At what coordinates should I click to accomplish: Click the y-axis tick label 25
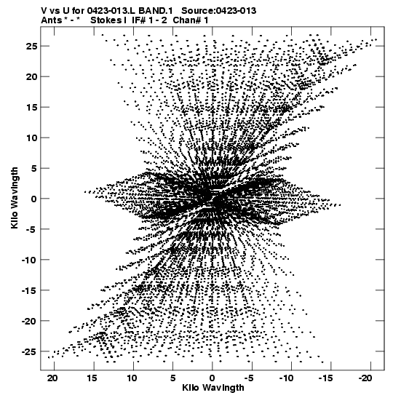tap(31, 46)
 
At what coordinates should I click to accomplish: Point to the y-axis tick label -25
tap(29, 351)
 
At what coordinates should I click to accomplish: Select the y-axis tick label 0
tap(34, 199)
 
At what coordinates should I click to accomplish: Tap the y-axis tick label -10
tap(29, 260)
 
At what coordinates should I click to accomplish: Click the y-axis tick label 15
tap(31, 108)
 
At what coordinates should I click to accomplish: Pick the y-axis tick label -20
tap(29, 321)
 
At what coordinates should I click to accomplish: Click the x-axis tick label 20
tap(52, 378)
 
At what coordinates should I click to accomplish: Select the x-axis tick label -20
tap(365, 378)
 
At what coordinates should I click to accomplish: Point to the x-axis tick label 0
tap(213, 378)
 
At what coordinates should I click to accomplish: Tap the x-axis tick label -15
tap(326, 378)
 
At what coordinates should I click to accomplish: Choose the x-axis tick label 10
tap(132, 378)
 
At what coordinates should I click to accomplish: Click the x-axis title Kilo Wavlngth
tap(213, 388)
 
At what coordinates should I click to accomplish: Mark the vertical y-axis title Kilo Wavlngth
tap(15, 198)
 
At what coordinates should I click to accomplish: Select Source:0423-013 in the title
tap(219, 11)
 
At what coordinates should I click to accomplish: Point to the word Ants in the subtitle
tap(51, 20)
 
